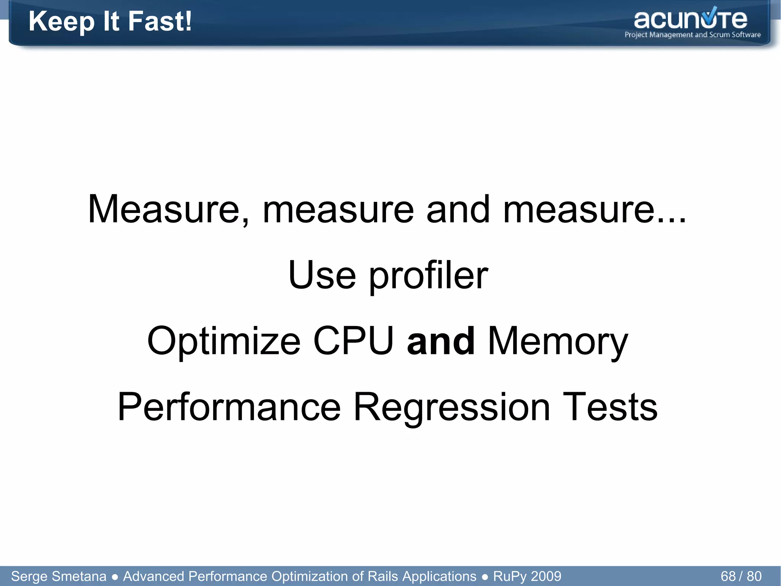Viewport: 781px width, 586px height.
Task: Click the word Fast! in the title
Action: click(x=160, y=21)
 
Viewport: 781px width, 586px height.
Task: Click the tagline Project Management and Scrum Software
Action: click(x=693, y=35)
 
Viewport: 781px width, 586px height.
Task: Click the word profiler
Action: click(x=428, y=276)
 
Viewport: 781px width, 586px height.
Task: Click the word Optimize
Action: click(x=224, y=341)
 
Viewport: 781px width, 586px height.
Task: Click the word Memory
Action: click(x=558, y=341)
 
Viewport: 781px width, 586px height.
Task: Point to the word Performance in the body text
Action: click(x=229, y=407)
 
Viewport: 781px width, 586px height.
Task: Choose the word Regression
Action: click(x=452, y=408)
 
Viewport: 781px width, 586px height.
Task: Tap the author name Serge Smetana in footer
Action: click(x=59, y=576)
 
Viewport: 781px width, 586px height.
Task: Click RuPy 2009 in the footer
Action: click(x=527, y=576)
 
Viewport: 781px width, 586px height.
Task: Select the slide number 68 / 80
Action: click(x=741, y=576)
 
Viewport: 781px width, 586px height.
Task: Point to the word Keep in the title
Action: click(x=61, y=22)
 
